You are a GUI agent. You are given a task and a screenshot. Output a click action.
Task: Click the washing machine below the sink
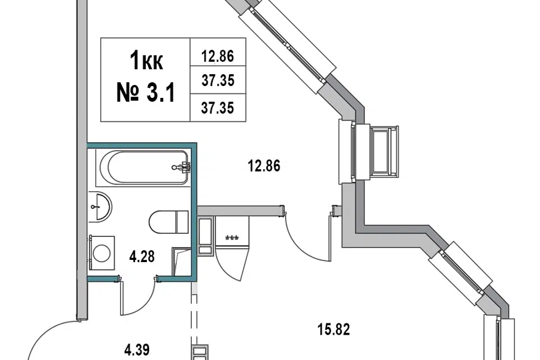pyautogui.click(x=102, y=251)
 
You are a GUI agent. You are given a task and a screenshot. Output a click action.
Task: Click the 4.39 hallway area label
pyautogui.click(x=137, y=349)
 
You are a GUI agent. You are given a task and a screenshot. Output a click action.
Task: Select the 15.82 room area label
pyautogui.click(x=334, y=330)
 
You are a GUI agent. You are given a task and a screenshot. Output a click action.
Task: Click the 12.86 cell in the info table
pyautogui.click(x=217, y=56)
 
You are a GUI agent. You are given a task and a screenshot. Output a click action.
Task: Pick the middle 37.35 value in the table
pyautogui.click(x=217, y=81)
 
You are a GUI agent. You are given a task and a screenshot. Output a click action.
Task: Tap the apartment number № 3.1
pyautogui.click(x=145, y=92)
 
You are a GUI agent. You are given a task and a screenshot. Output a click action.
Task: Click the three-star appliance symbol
pyautogui.click(x=231, y=238)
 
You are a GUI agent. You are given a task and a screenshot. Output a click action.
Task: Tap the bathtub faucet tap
pyautogui.click(x=183, y=166)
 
